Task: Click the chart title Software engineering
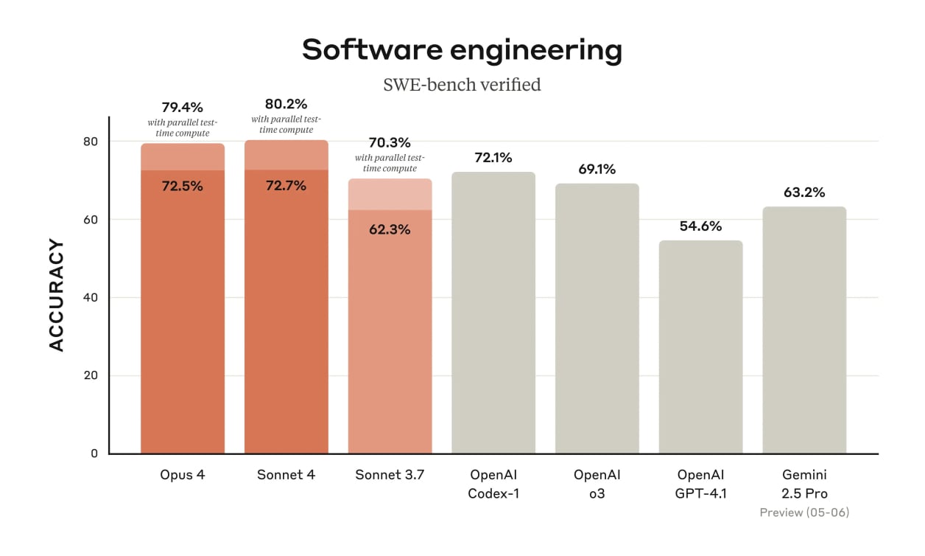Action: (462, 50)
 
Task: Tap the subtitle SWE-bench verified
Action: (462, 85)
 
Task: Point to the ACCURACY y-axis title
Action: (57, 295)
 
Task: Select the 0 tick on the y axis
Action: (94, 454)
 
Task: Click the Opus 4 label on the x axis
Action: (182, 475)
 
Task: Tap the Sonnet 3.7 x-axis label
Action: (390, 475)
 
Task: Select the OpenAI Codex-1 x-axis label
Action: (493, 484)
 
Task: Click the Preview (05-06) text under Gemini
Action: (804, 512)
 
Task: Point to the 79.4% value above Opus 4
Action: (182, 108)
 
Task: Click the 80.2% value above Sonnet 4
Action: (286, 104)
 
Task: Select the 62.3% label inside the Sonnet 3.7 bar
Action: (390, 229)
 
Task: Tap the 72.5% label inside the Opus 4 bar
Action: (182, 186)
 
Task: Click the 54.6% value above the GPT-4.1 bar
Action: (700, 226)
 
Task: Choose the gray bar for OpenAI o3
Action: (597, 324)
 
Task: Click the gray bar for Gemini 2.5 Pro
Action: (804, 332)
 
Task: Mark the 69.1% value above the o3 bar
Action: (597, 169)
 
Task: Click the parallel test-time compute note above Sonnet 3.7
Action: (390, 163)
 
